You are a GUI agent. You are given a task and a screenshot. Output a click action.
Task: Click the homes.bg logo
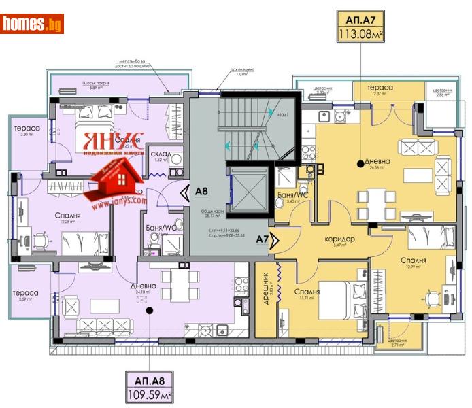pos(33,24)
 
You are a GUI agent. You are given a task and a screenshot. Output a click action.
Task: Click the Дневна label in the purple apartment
pos(144,286)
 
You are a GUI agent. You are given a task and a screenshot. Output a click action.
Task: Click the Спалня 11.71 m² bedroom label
pos(307,292)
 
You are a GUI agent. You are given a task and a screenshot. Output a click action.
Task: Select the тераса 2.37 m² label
pos(379,88)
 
